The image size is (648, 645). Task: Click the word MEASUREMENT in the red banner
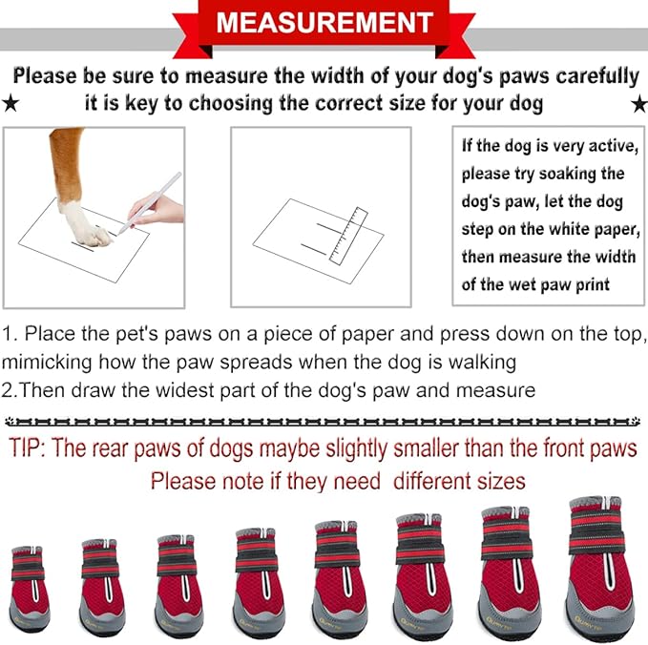coord(324,22)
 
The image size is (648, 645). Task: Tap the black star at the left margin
coord(11,102)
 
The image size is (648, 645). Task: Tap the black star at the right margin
coord(637,102)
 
